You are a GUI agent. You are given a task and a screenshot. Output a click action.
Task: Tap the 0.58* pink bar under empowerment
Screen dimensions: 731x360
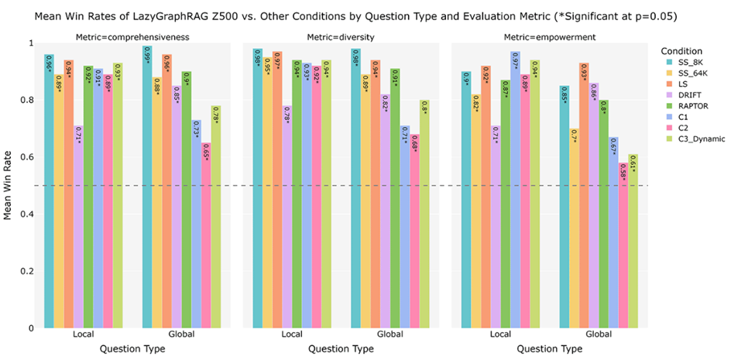[x=623, y=245]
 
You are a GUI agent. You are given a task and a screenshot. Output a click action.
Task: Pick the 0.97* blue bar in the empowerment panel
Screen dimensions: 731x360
[x=515, y=190]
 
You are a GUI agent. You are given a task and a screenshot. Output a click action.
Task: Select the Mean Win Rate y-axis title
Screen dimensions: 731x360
[x=8, y=185]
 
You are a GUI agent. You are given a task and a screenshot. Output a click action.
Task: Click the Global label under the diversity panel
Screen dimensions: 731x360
[x=386, y=334]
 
